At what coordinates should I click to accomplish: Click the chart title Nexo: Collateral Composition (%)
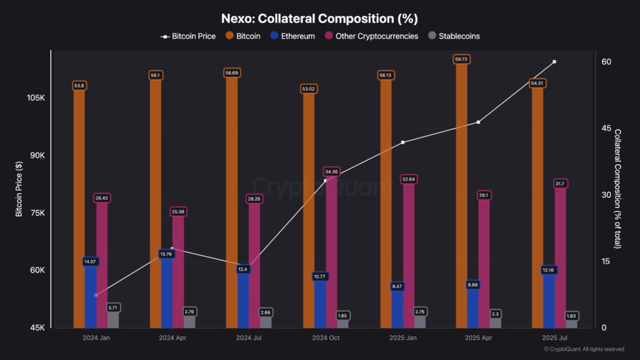tap(319, 19)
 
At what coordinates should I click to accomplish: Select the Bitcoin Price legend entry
tap(188, 36)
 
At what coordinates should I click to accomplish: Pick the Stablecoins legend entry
tap(454, 36)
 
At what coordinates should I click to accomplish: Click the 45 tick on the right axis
tap(606, 128)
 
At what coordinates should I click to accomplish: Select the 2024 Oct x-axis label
tap(325, 337)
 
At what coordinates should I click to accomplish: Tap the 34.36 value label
tap(331, 171)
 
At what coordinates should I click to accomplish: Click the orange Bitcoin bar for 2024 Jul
tap(232, 206)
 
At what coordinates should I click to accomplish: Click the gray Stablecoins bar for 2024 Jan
tap(113, 319)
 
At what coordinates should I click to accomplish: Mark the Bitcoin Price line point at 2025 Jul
tap(554, 62)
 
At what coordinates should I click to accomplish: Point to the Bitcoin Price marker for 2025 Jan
tap(402, 142)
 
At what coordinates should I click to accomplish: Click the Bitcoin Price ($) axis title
tap(19, 187)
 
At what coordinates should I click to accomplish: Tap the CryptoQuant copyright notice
tap(583, 349)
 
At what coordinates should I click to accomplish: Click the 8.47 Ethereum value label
tap(397, 286)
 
